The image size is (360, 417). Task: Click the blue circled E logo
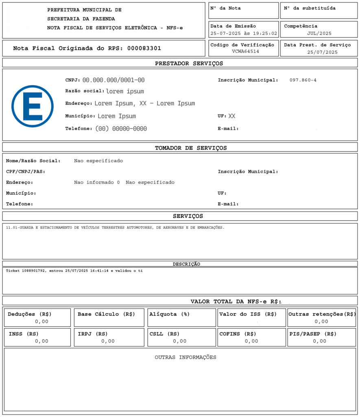point(33,106)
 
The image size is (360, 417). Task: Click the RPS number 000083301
point(144,48)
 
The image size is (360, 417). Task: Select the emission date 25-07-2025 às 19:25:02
point(243,34)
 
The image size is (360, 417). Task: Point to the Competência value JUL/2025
point(319,34)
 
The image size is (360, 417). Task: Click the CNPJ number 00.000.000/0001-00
point(113,80)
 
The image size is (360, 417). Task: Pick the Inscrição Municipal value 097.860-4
point(303,80)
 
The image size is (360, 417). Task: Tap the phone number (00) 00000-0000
point(121,129)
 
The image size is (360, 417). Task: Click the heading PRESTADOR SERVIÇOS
point(189,64)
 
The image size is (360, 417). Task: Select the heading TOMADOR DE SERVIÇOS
point(191,148)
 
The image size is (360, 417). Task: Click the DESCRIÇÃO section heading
point(186,264)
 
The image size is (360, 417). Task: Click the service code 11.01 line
point(115,228)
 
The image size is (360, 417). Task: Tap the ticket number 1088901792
point(35,271)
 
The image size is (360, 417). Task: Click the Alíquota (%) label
point(170,314)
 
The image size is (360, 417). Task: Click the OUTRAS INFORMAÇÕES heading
point(185,358)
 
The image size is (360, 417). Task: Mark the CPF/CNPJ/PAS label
point(26,171)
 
